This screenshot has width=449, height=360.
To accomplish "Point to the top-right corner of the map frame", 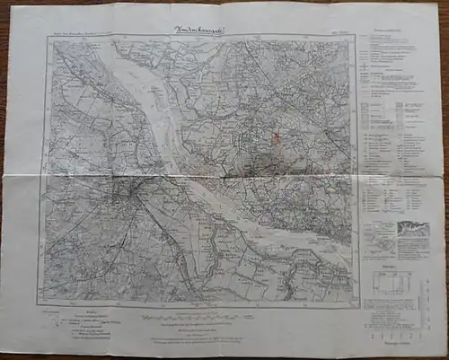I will point(356,40).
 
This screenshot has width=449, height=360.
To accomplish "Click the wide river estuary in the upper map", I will point(153,99).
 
